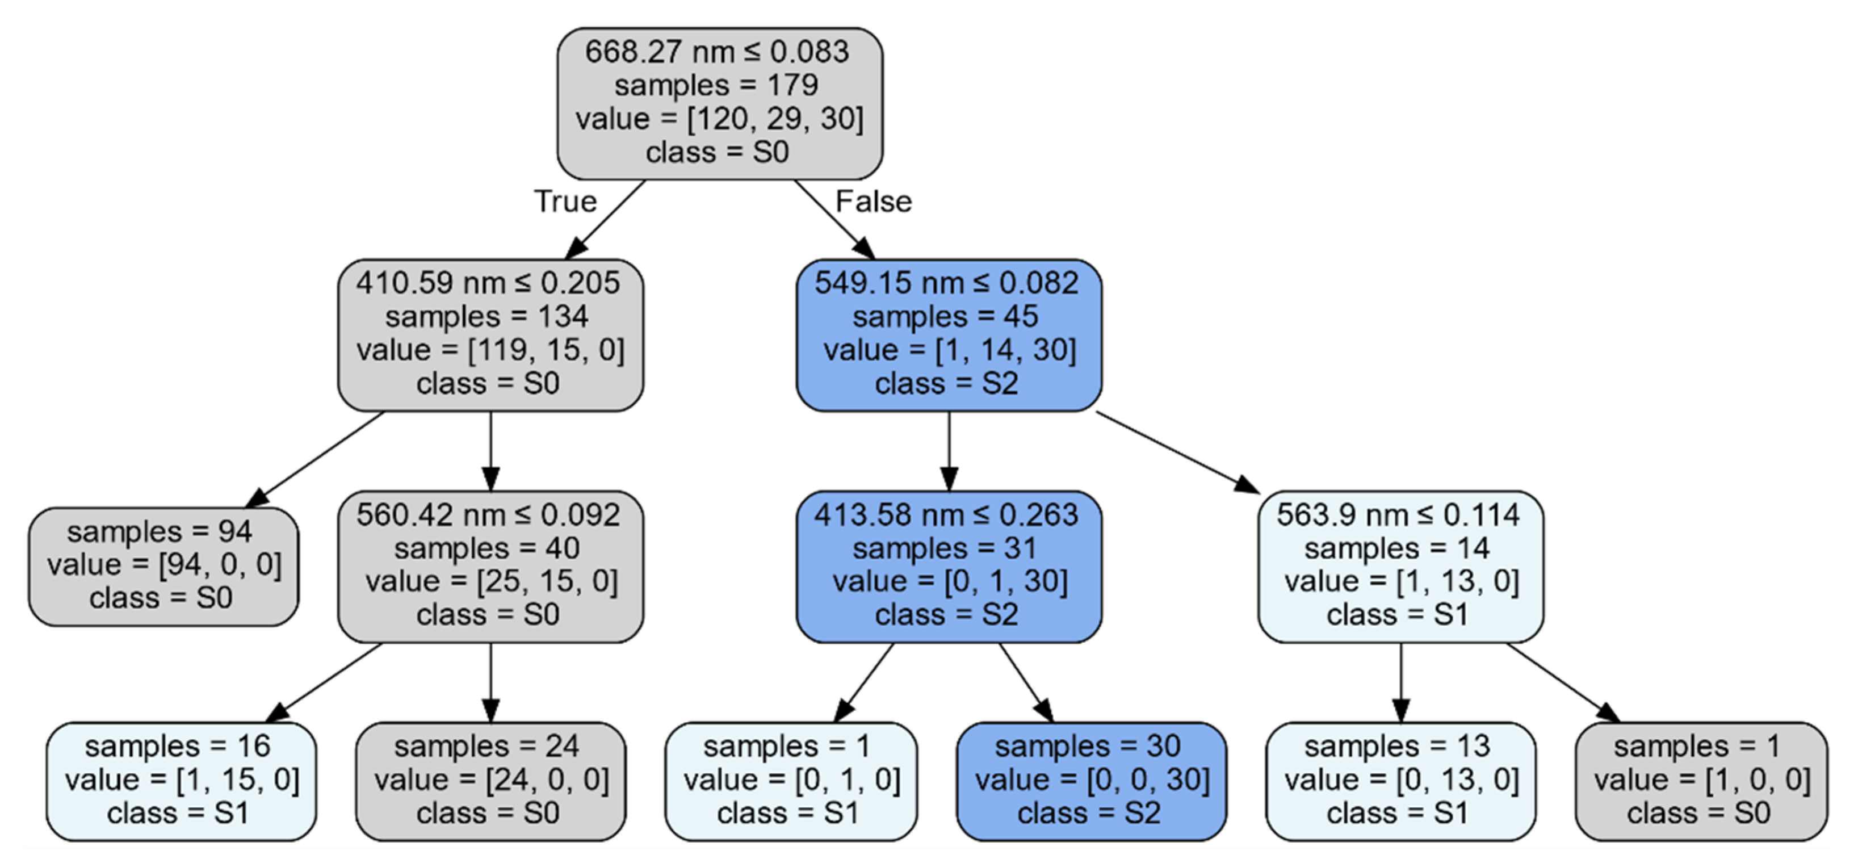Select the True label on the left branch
click(565, 201)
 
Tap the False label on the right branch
click(873, 201)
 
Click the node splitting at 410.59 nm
click(490, 334)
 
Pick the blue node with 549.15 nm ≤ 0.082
click(948, 334)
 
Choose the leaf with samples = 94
click(163, 565)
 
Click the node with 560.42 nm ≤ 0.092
click(490, 565)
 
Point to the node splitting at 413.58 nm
click(948, 565)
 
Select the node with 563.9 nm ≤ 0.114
click(1400, 565)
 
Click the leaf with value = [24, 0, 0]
click(490, 780)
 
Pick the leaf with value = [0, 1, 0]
click(790, 780)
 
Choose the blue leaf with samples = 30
click(1090, 780)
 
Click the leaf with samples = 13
click(1400, 780)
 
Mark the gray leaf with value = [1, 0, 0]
click(1701, 780)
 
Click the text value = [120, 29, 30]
click(719, 119)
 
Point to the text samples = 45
click(945, 317)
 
